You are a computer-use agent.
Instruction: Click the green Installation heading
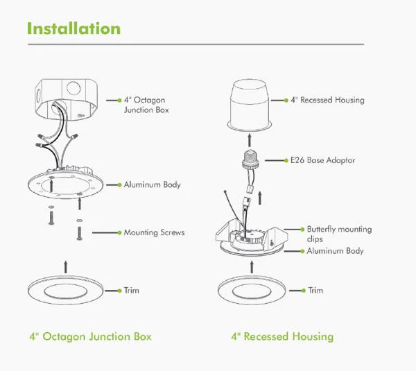pyautogui.click(x=73, y=28)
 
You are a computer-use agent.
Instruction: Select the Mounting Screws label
pyautogui.click(x=154, y=232)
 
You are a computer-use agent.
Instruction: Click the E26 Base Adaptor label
pyautogui.click(x=322, y=160)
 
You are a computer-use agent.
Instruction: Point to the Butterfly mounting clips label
pyautogui.click(x=339, y=234)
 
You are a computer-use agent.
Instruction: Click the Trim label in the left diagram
pyautogui.click(x=131, y=290)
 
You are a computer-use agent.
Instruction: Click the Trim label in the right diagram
pyautogui.click(x=315, y=290)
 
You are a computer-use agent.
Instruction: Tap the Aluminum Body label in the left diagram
pyautogui.click(x=152, y=184)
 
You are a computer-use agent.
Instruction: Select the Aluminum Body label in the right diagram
pyautogui.click(x=335, y=250)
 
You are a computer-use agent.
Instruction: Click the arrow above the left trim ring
pyautogui.click(x=66, y=264)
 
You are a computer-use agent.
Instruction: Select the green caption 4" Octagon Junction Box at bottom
pyautogui.click(x=90, y=337)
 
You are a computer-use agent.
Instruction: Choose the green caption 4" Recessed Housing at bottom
pyautogui.click(x=282, y=337)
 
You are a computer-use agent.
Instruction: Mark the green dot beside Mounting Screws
pyautogui.click(x=117, y=232)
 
